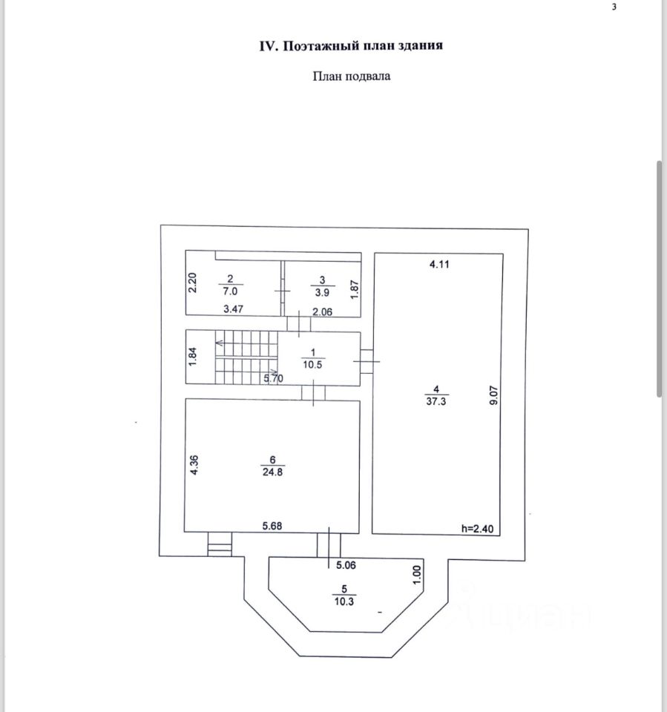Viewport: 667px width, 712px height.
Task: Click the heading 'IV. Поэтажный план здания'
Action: pos(351,46)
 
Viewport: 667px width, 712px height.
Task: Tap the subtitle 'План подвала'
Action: pos(351,75)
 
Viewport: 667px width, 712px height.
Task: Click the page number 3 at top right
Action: pos(614,7)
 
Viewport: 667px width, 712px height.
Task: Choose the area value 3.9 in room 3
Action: pos(321,291)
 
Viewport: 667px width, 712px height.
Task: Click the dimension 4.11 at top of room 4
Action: pos(441,263)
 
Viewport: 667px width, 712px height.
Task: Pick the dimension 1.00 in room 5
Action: pos(416,575)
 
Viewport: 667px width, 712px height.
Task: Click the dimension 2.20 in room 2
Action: pos(191,284)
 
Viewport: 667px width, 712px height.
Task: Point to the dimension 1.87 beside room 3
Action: pos(355,287)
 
